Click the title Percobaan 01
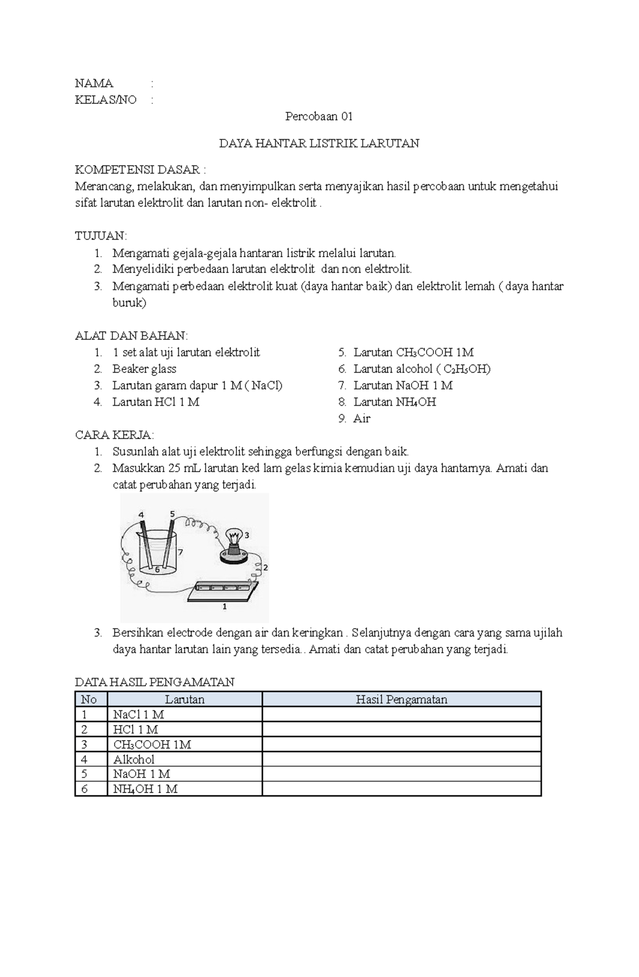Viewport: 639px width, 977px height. (x=318, y=117)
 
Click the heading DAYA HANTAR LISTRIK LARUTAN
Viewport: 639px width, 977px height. (x=319, y=143)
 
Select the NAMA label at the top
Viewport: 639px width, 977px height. (x=94, y=83)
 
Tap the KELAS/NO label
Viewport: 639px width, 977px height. (x=105, y=100)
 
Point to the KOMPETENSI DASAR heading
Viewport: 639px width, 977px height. (x=140, y=170)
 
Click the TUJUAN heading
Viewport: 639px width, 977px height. (x=101, y=236)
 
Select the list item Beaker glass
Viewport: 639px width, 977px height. (x=144, y=369)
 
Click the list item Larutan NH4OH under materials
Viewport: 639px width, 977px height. (x=394, y=402)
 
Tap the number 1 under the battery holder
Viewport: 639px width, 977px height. (x=224, y=606)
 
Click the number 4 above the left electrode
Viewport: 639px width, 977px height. (x=141, y=515)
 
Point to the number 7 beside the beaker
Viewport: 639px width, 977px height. (x=181, y=552)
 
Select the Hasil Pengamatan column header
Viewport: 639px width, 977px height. (x=401, y=700)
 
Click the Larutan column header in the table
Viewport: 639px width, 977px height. (x=184, y=700)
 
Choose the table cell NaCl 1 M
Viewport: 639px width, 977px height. (x=138, y=715)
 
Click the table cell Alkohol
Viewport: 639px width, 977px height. (x=134, y=759)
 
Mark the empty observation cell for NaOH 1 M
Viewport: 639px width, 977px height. (x=401, y=774)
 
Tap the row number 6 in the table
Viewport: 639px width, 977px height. (x=84, y=789)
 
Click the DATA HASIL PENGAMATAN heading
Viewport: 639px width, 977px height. (x=154, y=682)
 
